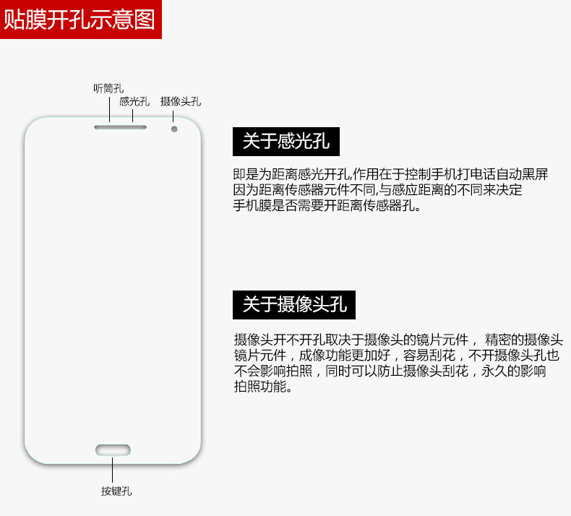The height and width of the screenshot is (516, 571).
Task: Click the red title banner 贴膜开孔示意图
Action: click(x=80, y=19)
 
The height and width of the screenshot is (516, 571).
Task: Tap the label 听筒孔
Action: click(x=108, y=88)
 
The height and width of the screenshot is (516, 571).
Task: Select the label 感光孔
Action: click(x=134, y=102)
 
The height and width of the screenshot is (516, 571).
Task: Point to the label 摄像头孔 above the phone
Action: click(x=180, y=102)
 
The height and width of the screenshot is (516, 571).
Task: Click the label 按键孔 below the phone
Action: click(x=116, y=491)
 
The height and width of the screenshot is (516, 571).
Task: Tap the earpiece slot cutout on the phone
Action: click(x=120, y=128)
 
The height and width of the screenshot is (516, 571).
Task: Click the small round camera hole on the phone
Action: click(x=174, y=129)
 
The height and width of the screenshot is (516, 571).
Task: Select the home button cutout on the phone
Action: click(x=113, y=450)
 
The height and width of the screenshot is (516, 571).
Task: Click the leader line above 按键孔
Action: click(x=113, y=470)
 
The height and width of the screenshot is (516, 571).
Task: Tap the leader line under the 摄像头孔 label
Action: click(x=173, y=116)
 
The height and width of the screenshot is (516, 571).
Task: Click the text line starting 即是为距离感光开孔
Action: click(x=390, y=175)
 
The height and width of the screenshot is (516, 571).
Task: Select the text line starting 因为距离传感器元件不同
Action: click(x=377, y=191)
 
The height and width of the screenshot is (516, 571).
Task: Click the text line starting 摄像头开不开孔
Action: click(x=398, y=340)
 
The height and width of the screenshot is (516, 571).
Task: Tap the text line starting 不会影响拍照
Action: click(x=390, y=371)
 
